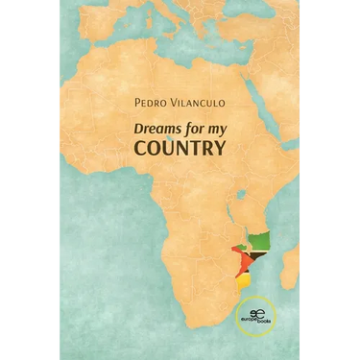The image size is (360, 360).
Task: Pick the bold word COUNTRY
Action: click(180, 149)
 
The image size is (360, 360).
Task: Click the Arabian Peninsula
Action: click(274, 82)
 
